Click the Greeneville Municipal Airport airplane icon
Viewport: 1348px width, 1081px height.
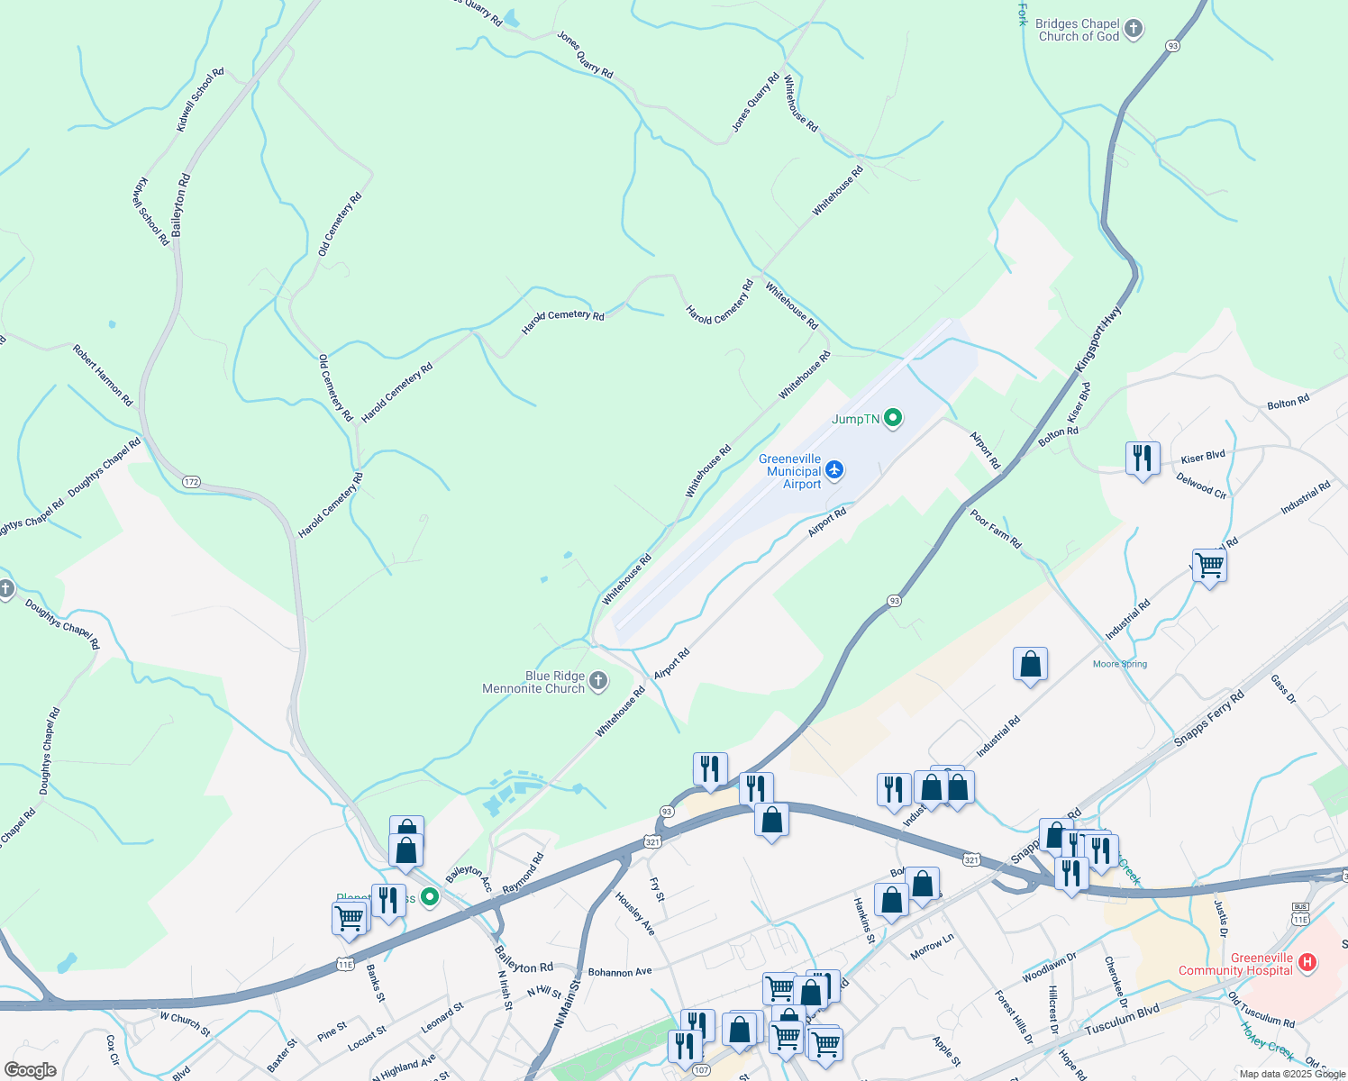pyautogui.click(x=834, y=470)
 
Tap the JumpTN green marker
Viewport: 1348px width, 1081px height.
pyautogui.click(x=893, y=418)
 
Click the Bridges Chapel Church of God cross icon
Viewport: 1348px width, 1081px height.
pyautogui.click(x=1134, y=29)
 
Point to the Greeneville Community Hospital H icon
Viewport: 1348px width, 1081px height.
pyautogui.click(x=1307, y=963)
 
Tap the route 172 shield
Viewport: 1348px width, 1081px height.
pyautogui.click(x=191, y=482)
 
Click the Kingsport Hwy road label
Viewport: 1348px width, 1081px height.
pyautogui.click(x=1099, y=339)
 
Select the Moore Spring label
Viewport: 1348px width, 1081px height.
pyautogui.click(x=1120, y=664)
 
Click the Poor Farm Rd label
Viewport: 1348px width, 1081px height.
pyautogui.click(x=996, y=529)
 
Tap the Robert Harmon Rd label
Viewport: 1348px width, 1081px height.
pyautogui.click(x=103, y=375)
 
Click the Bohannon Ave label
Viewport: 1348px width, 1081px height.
pyautogui.click(x=620, y=972)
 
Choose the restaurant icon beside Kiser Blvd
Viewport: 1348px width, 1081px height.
pyautogui.click(x=1142, y=459)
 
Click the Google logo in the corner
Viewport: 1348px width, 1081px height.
pyautogui.click(x=30, y=1070)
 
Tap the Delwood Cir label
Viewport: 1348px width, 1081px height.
pyautogui.click(x=1201, y=486)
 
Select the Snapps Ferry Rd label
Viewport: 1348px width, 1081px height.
pyautogui.click(x=1208, y=719)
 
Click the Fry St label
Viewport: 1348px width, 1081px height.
pyautogui.click(x=658, y=890)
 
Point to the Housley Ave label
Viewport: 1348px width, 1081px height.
pyautogui.click(x=635, y=913)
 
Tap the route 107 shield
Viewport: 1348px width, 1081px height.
pyautogui.click(x=701, y=1070)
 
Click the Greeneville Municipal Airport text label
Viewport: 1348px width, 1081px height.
pyautogui.click(x=790, y=471)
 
